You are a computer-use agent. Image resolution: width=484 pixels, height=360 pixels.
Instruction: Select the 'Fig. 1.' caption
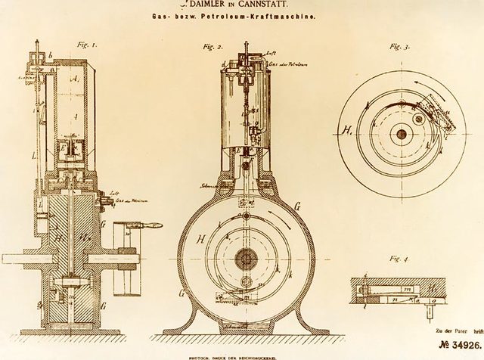coord(87,45)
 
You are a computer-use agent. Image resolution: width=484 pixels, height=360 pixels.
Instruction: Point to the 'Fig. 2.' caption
coord(213,47)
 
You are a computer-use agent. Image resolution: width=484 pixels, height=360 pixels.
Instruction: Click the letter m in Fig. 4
coord(405,287)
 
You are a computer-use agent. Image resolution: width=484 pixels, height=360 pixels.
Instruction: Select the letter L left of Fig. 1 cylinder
coord(35,156)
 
